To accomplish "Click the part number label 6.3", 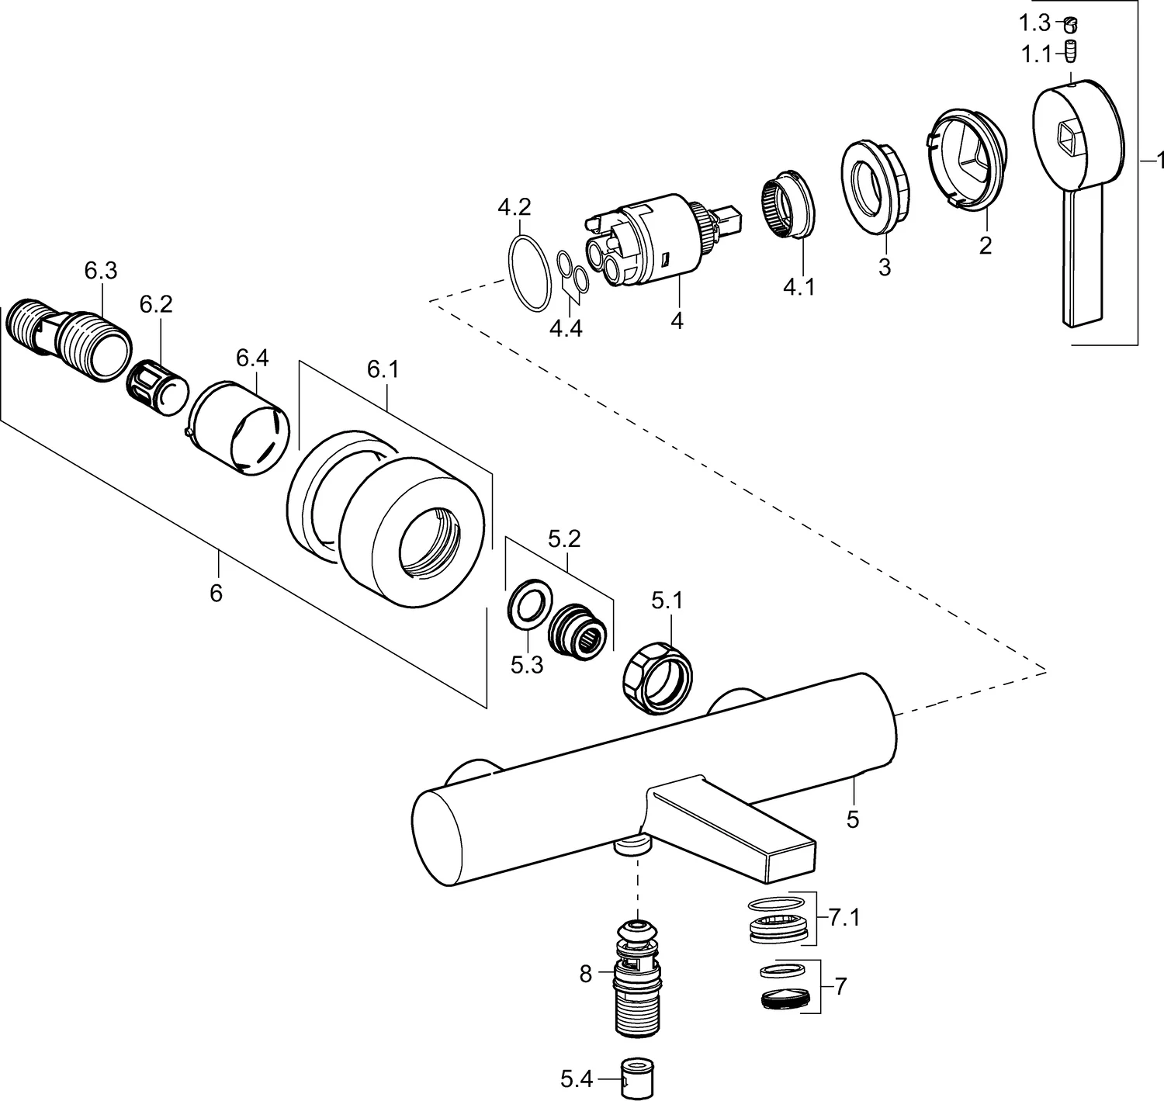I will (100, 271).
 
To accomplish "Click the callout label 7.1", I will (844, 919).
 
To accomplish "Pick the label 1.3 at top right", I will (1034, 23).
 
